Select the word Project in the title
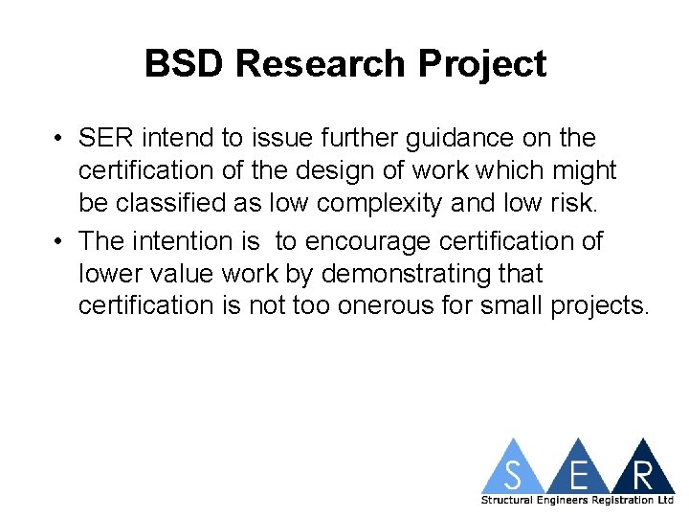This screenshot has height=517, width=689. pos(484,64)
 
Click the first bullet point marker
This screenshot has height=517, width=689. pos(59,139)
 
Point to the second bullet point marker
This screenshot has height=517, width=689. pos(59,241)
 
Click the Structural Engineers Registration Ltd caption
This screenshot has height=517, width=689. pos(577,500)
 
